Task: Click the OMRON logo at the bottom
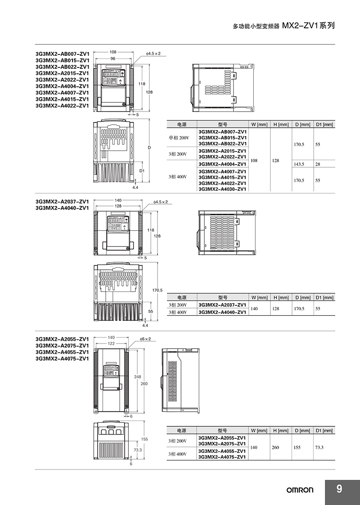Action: click(x=300, y=490)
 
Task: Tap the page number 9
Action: click(x=339, y=489)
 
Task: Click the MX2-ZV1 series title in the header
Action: click(x=308, y=26)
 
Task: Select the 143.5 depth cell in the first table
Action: click(x=299, y=164)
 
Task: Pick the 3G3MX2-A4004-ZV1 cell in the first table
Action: click(x=222, y=164)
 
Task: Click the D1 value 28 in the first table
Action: click(x=318, y=164)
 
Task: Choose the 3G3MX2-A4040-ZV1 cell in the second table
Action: click(x=222, y=312)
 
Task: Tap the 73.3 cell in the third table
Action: click(x=319, y=447)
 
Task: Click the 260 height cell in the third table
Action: click(x=275, y=447)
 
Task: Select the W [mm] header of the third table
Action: click(x=260, y=431)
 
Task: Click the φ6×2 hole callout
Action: click(x=145, y=339)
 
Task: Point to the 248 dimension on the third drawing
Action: click(x=138, y=377)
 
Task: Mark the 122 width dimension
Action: click(x=111, y=343)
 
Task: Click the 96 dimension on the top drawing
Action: click(x=113, y=58)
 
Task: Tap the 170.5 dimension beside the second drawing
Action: click(x=157, y=290)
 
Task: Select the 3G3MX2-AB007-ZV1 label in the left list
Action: click(x=62, y=54)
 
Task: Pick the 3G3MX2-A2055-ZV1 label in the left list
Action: click(x=62, y=339)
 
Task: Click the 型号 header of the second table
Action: click(x=222, y=298)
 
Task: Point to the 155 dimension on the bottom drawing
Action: click(x=144, y=439)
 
